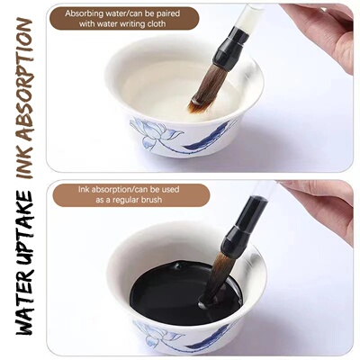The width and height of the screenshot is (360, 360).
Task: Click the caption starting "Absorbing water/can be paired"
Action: (x=122, y=19)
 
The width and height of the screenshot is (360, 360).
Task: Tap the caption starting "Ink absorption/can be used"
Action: (x=130, y=194)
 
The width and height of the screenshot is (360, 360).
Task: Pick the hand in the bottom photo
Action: (x=328, y=204)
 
